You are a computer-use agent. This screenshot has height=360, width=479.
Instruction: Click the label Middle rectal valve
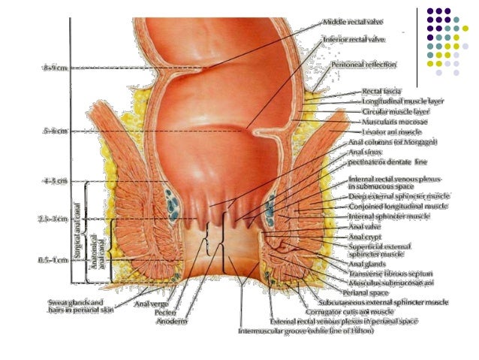pos(352,23)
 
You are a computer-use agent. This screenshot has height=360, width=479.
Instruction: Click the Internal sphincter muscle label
pos(389,216)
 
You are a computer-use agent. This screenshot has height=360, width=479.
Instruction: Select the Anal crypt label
pos(366,236)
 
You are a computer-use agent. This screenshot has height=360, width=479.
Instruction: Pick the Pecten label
pos(166,313)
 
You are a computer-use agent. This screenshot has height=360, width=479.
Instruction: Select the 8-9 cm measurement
pos(54,68)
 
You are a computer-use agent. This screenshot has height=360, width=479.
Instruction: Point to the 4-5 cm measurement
pos(54,181)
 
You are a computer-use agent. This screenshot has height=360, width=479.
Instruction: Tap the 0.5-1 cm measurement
pos(54,259)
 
